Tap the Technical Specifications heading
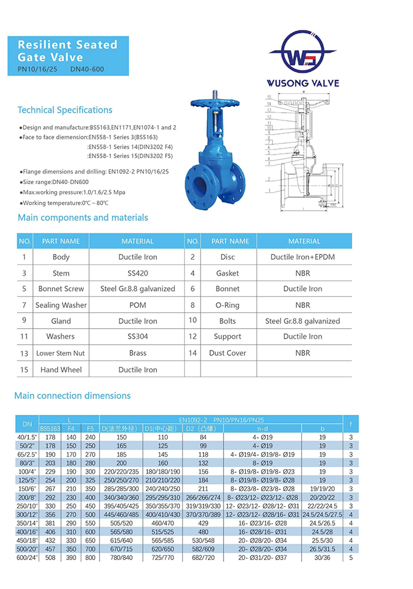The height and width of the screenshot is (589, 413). point(65,110)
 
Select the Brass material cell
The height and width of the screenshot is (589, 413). point(137,353)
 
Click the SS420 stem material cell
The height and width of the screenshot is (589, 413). point(137,273)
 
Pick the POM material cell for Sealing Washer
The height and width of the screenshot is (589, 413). point(137,305)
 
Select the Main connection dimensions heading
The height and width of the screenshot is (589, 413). point(72,395)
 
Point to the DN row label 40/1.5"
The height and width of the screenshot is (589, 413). point(27,437)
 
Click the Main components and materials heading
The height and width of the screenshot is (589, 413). point(83,218)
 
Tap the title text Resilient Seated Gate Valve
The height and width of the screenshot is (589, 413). point(68,51)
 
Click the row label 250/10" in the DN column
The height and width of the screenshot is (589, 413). point(27,506)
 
